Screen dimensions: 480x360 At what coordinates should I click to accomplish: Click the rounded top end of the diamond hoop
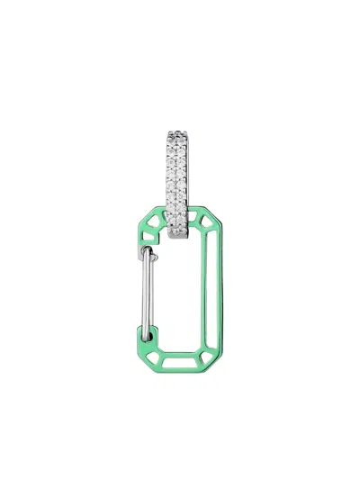[182, 134]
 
